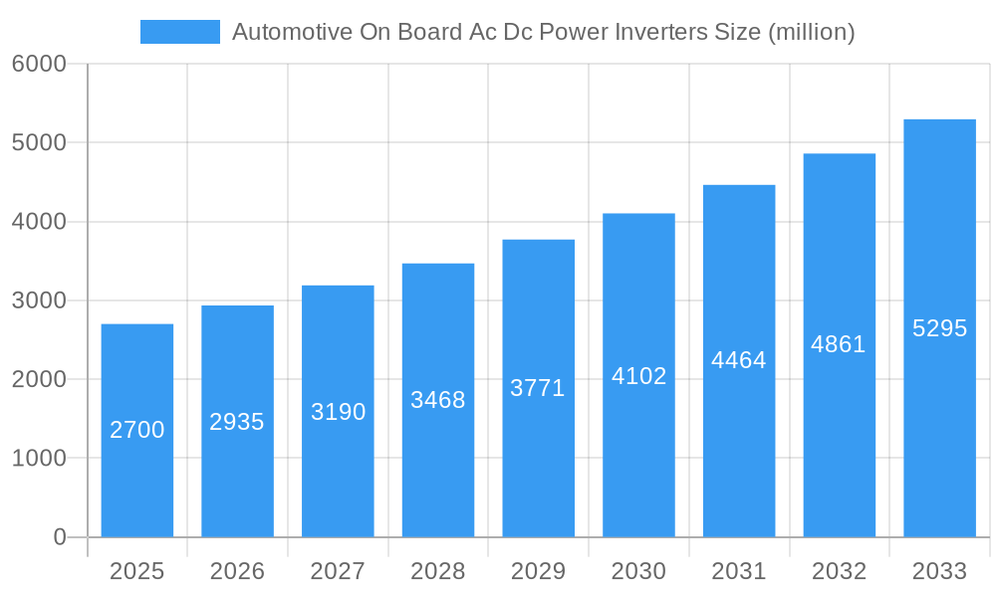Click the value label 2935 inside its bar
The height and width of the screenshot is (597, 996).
237,422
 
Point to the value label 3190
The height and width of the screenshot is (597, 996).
338,412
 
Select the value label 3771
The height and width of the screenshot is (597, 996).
538,388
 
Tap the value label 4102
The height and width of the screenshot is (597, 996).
638,376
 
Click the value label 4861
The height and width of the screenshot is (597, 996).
839,344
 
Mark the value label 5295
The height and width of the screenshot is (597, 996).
939,328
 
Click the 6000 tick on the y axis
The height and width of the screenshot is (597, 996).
39,64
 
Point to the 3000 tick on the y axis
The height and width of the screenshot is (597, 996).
39,300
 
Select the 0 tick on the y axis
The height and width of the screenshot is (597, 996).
59,537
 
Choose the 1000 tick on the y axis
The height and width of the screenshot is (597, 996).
39,459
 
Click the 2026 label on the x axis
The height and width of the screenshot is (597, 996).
237,571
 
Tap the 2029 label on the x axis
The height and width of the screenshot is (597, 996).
538,571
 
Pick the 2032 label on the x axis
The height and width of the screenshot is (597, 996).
839,571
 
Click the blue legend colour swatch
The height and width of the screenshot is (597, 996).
180,32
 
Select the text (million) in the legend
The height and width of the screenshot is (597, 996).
812,32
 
